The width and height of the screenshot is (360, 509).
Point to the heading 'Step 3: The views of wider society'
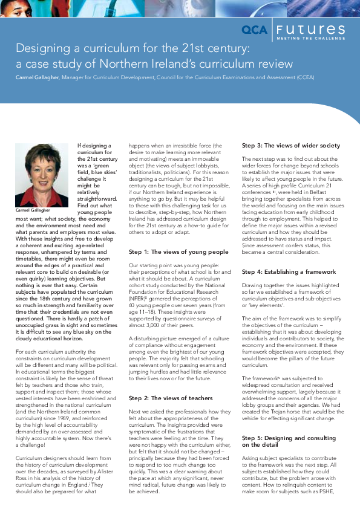(x=290, y=146)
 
